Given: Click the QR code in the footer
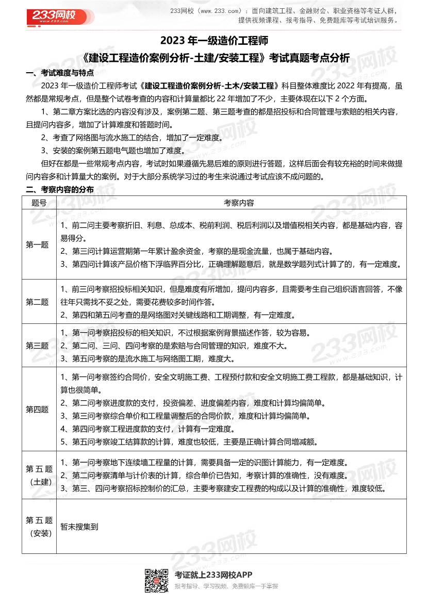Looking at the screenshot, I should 156,580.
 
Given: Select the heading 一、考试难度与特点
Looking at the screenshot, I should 60,73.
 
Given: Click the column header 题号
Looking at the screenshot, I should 39,203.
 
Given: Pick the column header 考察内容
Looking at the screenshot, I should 239,203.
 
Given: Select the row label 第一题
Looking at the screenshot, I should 38,245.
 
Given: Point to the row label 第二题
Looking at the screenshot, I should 38,302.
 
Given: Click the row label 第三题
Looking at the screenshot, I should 38,346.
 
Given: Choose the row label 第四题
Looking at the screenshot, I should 38,410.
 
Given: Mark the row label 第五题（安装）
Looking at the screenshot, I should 39,527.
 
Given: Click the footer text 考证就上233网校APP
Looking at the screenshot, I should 213,575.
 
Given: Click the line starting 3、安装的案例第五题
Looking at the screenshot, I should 112,151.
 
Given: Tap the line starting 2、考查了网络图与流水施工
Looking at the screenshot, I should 131,138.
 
